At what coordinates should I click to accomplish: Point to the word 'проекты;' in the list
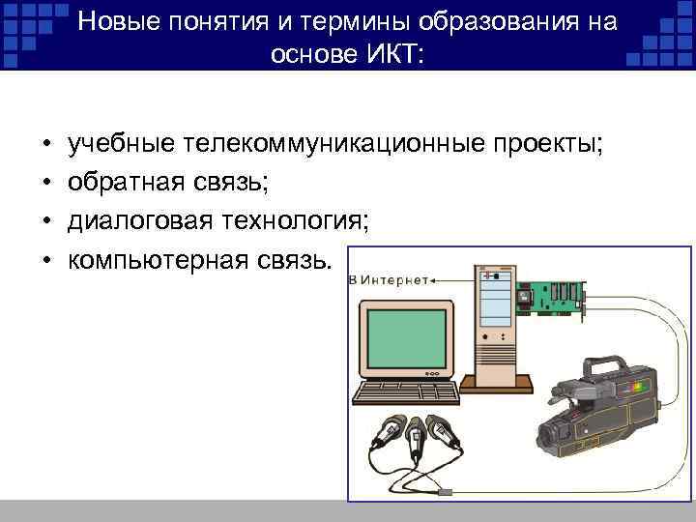(547, 144)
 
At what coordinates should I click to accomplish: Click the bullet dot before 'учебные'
(46, 145)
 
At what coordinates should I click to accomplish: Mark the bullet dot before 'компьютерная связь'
(46, 261)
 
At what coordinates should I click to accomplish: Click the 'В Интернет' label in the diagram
(389, 280)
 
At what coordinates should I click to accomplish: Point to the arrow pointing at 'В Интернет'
(449, 280)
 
